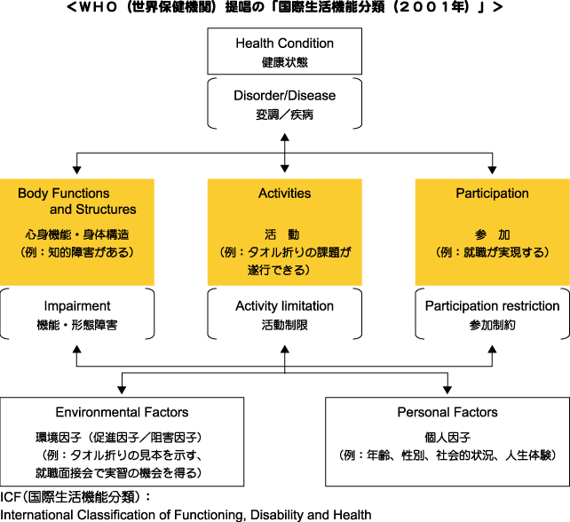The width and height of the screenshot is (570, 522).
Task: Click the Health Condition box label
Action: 284,43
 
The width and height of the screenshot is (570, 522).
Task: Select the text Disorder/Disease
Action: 284,96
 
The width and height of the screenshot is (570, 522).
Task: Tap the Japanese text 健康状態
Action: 284,63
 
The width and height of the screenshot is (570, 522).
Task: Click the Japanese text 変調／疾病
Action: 284,115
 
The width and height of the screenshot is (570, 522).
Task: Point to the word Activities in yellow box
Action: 284,194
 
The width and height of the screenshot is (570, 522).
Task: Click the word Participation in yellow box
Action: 492,194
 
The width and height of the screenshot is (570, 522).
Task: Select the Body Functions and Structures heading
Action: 77,202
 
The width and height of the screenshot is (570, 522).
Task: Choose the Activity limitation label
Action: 284,306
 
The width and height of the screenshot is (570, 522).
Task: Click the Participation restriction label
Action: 492,306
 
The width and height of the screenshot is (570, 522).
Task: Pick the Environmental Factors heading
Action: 122,413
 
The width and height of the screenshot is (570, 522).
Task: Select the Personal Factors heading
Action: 447,413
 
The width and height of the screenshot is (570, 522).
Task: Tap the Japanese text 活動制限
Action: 284,326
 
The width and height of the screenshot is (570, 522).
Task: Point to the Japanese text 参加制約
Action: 492,326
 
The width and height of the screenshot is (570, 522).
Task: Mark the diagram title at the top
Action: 284,8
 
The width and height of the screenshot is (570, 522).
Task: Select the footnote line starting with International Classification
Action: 186,514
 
